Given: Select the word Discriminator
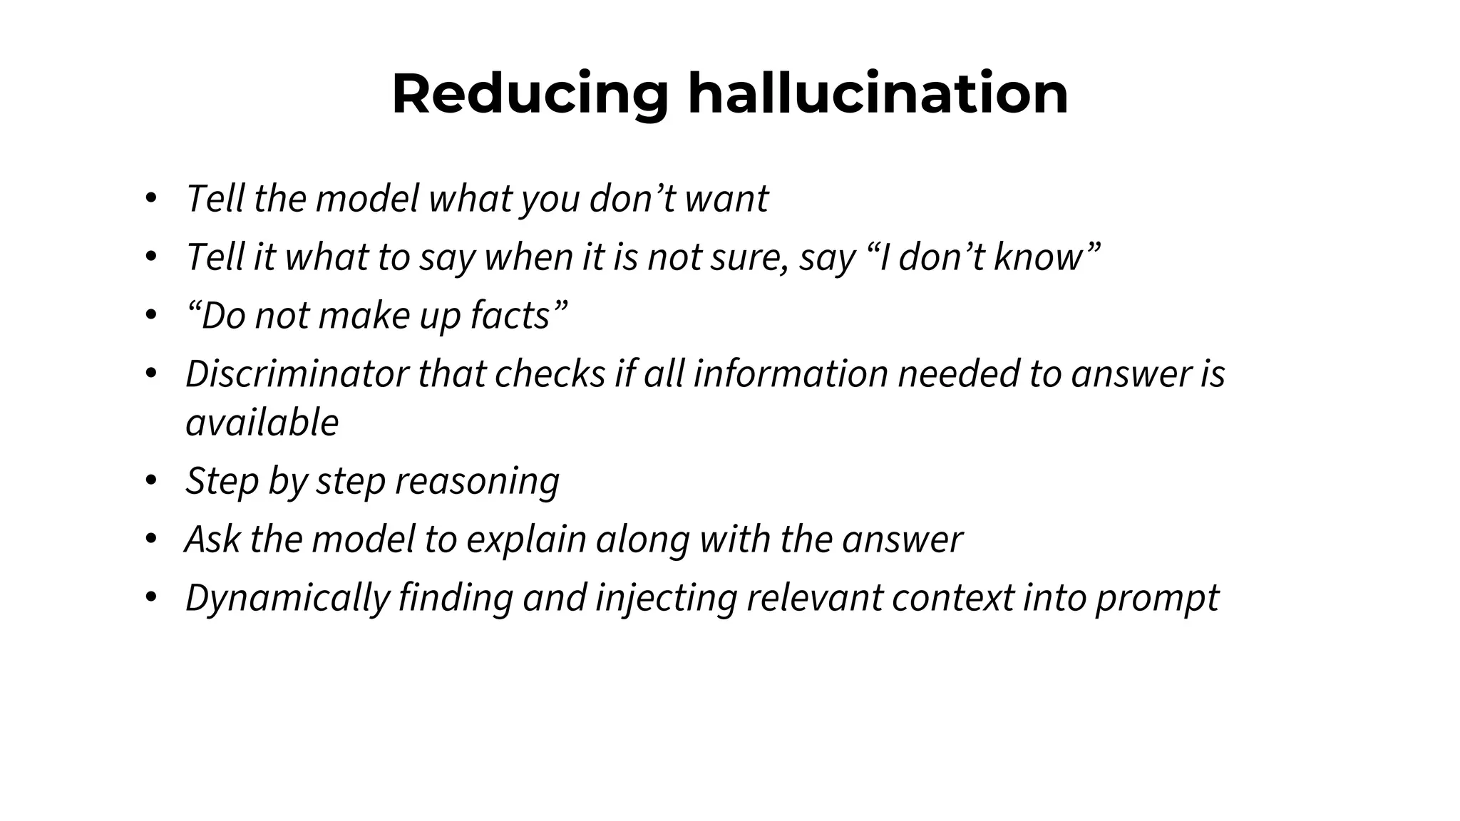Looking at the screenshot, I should [x=297, y=374].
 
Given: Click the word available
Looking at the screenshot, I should [x=262, y=423].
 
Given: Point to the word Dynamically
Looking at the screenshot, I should [x=287, y=598].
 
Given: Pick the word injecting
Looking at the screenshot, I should [x=665, y=598].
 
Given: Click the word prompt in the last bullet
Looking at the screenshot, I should [x=1157, y=598].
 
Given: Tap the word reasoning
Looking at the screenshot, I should [x=477, y=481].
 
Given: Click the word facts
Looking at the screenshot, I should [x=510, y=316].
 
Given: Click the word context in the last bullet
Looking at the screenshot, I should [x=952, y=598].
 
